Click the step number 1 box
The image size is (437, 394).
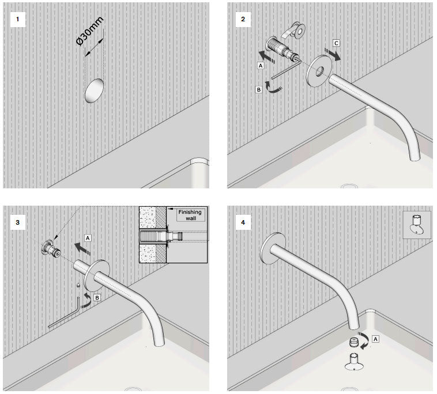click(20, 20)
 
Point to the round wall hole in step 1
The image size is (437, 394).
click(95, 90)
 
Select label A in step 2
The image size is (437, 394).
click(261, 66)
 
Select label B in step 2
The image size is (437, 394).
click(260, 89)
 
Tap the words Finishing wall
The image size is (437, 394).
click(189, 215)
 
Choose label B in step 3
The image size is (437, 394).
click(98, 298)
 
